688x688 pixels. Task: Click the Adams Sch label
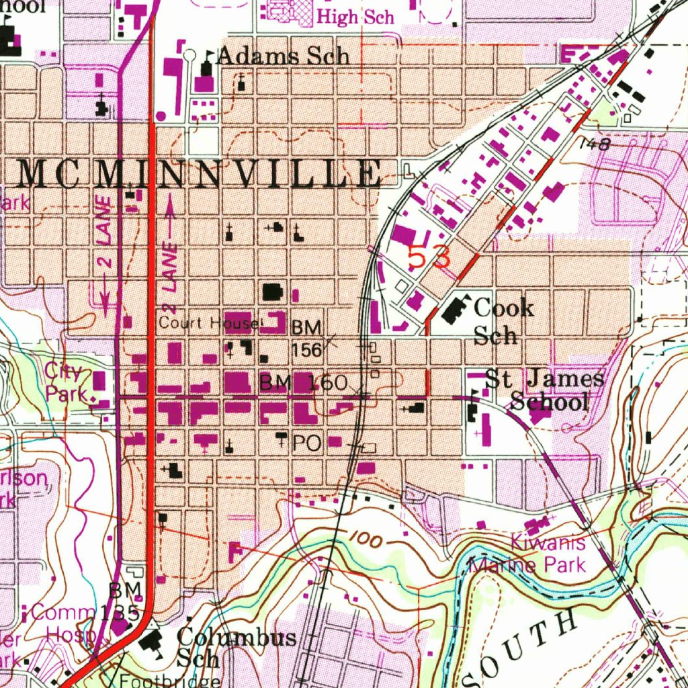(x=284, y=57)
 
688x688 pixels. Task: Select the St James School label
(x=544, y=390)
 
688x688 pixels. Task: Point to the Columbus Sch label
(x=235, y=647)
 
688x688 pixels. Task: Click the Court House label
(x=209, y=323)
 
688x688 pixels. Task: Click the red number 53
(x=429, y=257)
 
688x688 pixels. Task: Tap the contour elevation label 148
(x=593, y=144)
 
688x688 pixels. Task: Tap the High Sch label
(x=355, y=17)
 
